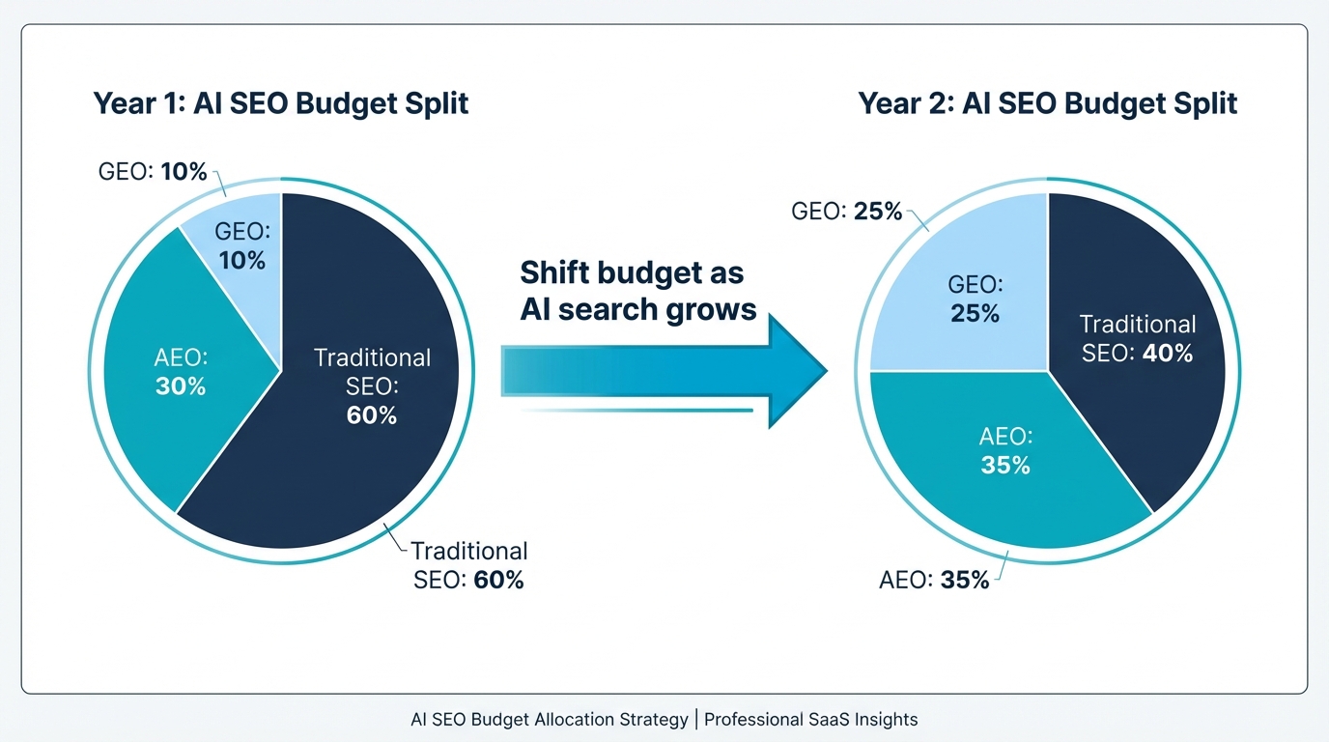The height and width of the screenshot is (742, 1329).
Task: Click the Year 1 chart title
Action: (x=280, y=103)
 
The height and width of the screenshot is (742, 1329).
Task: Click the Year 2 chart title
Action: (x=1048, y=103)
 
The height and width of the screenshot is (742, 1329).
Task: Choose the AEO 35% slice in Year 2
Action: (x=1004, y=464)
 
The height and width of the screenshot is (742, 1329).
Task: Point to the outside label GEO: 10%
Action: (x=153, y=172)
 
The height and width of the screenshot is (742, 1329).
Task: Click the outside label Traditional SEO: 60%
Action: (x=468, y=566)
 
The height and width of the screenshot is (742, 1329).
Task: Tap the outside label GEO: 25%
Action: (x=846, y=211)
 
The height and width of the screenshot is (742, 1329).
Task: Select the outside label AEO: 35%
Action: (x=934, y=581)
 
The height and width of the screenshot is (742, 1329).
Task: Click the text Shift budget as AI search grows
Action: (x=637, y=291)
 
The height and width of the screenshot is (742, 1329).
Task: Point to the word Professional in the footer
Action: (x=752, y=720)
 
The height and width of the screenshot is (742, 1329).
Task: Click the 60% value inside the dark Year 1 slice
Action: (x=371, y=416)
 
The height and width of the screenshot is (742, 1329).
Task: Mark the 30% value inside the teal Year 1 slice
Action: (x=181, y=386)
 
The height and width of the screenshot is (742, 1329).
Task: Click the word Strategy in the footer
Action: (x=654, y=720)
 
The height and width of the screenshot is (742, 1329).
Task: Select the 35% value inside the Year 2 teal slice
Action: (x=1004, y=466)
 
